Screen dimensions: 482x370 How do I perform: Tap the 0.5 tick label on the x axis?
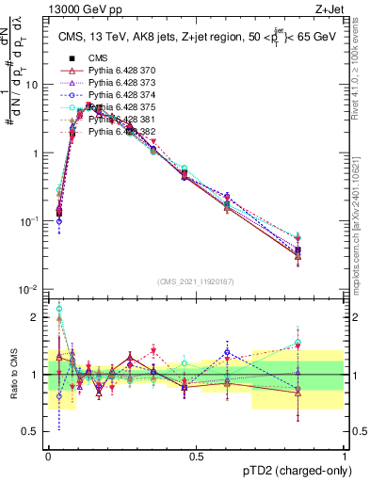196,456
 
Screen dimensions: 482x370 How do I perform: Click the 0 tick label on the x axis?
48,456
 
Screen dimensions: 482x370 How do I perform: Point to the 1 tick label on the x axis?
344,456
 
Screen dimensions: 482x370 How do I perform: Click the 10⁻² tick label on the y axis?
30,289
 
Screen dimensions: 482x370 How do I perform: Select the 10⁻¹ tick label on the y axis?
30,221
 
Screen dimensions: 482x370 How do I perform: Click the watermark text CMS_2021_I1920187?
196,281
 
